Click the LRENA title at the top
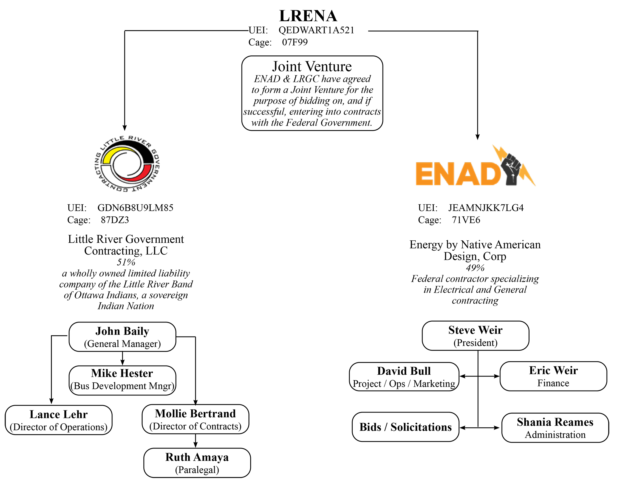point(308,16)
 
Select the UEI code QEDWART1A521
point(316,30)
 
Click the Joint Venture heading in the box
point(312,67)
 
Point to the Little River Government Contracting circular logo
point(127,164)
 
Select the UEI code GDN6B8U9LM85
point(135,208)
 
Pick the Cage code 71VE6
point(466,220)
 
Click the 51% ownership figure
point(126,262)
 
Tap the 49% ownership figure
point(475,267)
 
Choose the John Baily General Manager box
point(122,337)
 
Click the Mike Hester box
point(122,380)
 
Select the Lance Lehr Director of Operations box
point(59,420)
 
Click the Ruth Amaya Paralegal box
point(197,463)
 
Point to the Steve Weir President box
point(476,336)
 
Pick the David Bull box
point(404,377)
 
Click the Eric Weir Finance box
point(553,376)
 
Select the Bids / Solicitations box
point(405,427)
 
